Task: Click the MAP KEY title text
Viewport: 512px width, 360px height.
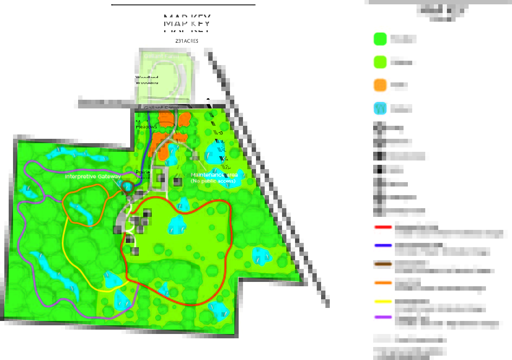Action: [x=187, y=22]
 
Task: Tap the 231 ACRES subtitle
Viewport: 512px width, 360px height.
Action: [x=187, y=41]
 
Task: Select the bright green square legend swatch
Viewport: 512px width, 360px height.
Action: [x=380, y=39]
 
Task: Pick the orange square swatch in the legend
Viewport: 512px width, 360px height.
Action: [x=380, y=85]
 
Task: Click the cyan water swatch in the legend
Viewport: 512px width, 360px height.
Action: [x=380, y=108]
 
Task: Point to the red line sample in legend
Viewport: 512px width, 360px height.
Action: [x=383, y=227]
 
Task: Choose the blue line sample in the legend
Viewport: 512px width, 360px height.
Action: [x=383, y=245]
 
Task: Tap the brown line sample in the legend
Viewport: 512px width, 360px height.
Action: [x=383, y=264]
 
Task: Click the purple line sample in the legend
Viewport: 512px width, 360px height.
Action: [x=383, y=317]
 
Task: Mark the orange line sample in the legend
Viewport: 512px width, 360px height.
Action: [x=383, y=282]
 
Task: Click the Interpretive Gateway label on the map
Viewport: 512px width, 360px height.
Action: [x=93, y=177]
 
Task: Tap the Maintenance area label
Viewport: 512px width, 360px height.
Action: [x=214, y=175]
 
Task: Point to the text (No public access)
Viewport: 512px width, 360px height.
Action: [x=213, y=181]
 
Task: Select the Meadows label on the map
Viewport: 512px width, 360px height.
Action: [x=146, y=127]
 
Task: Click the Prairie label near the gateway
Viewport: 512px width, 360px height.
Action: [x=143, y=172]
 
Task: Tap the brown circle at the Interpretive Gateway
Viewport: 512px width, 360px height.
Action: [x=127, y=187]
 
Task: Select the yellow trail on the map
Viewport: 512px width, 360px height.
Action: [x=64, y=239]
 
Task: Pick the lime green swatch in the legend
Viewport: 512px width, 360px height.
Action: [x=380, y=62]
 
